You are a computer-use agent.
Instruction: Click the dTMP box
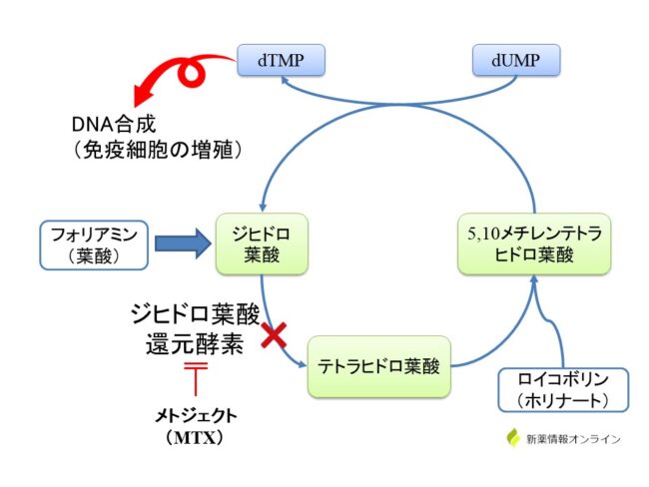281,60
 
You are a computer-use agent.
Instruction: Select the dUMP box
514,60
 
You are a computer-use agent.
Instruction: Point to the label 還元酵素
194,345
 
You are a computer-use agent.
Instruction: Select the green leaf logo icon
514,438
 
